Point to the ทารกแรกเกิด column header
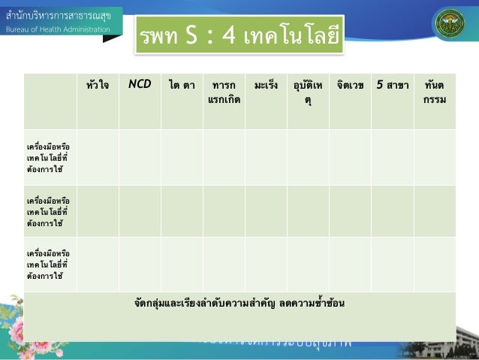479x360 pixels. [x=224, y=92]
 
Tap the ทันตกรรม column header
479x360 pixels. [x=434, y=92]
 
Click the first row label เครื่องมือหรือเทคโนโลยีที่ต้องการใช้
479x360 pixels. [x=48, y=157]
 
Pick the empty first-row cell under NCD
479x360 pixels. [x=139, y=157]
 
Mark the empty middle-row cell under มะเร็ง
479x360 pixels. [x=267, y=211]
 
